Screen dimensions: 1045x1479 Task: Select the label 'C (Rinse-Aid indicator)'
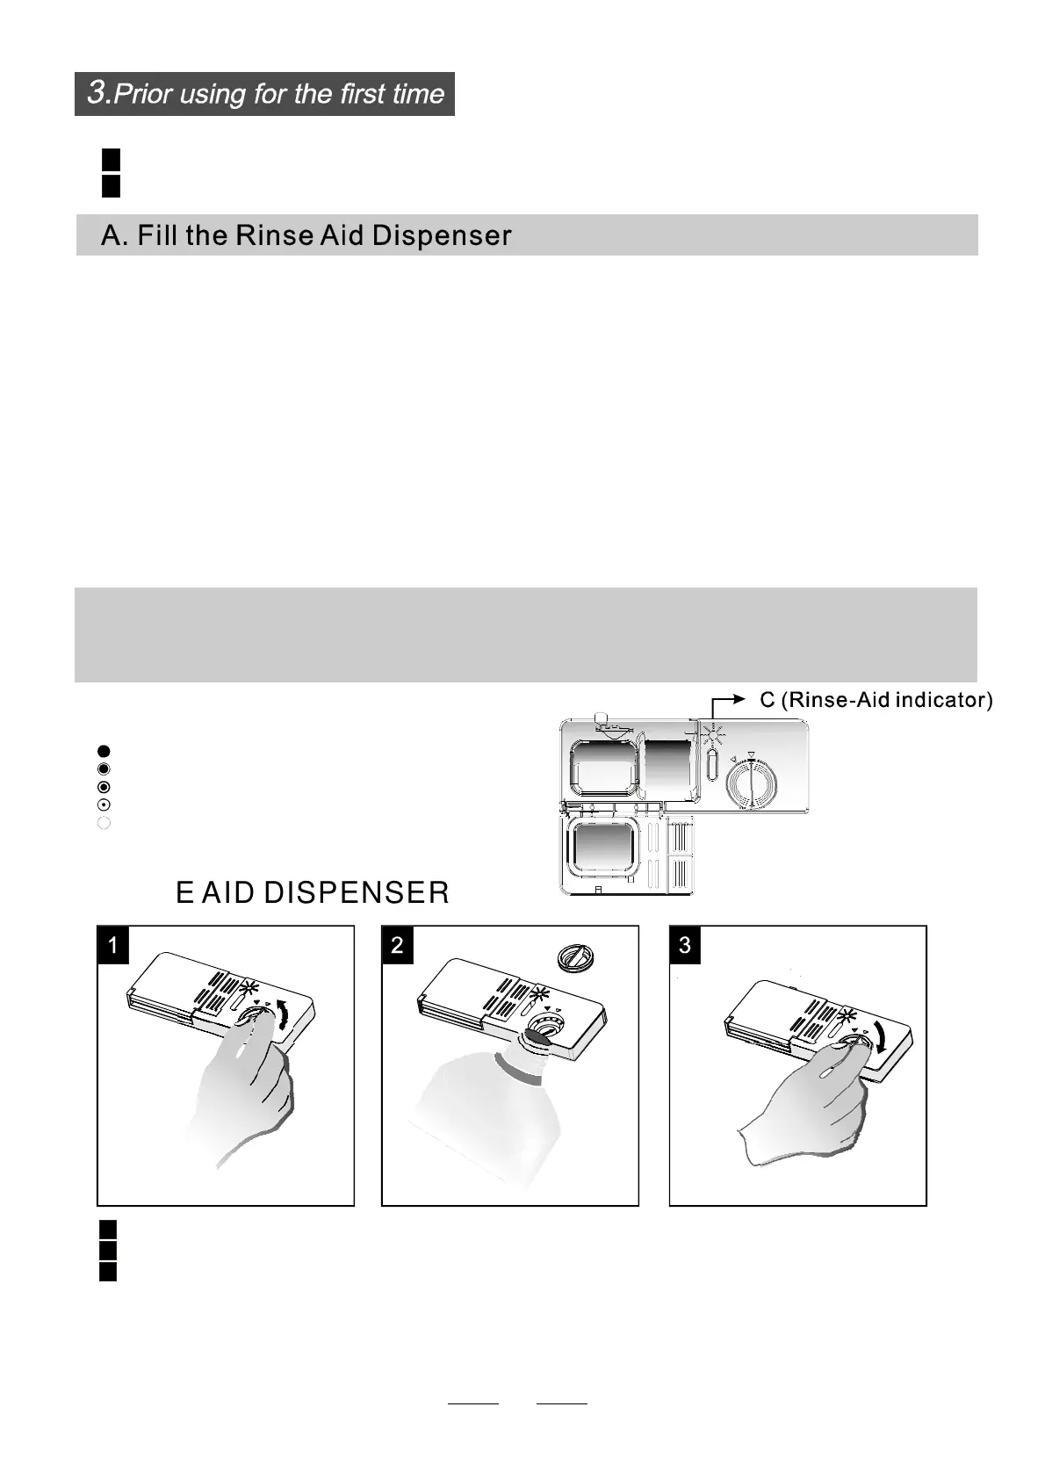[x=876, y=700]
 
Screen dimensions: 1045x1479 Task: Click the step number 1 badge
[x=113, y=945]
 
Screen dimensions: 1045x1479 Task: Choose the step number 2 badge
[x=398, y=945]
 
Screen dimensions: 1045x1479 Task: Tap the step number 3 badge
[x=685, y=945]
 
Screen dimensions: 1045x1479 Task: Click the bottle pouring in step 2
[x=488, y=1107]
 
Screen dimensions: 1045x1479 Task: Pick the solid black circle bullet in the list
[x=104, y=751]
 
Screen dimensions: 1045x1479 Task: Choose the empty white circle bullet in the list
[x=104, y=823]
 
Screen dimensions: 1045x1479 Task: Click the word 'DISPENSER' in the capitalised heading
[x=356, y=893]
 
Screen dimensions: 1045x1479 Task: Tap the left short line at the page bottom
[x=473, y=1403]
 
